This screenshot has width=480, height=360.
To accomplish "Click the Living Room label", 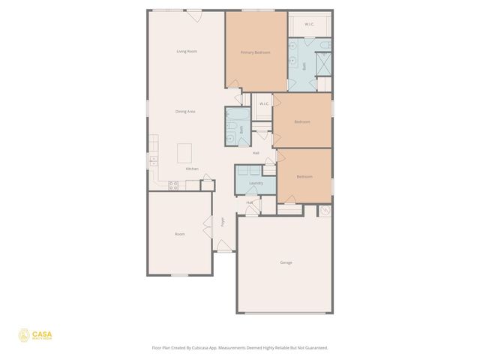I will [186, 51].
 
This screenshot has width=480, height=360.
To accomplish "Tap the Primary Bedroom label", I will [255, 52].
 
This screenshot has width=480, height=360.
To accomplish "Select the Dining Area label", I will [186, 111].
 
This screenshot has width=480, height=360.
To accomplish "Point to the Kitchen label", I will [192, 169].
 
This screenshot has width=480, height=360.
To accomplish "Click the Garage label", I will [286, 262].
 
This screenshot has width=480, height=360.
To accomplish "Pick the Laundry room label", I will [256, 182].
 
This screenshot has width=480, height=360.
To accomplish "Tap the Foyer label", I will [223, 222].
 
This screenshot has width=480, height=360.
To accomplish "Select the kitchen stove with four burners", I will [173, 184].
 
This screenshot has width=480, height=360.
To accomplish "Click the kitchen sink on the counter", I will [153, 159].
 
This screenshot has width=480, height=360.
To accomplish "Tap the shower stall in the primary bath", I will [324, 65].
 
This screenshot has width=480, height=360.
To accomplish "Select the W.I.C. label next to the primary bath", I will [310, 25].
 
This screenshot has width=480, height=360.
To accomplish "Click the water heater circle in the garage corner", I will [325, 211].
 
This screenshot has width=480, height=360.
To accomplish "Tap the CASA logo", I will [36, 335].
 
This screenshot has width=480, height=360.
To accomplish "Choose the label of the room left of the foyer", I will [180, 234].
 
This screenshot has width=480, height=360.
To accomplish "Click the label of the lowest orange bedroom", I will [304, 176].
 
